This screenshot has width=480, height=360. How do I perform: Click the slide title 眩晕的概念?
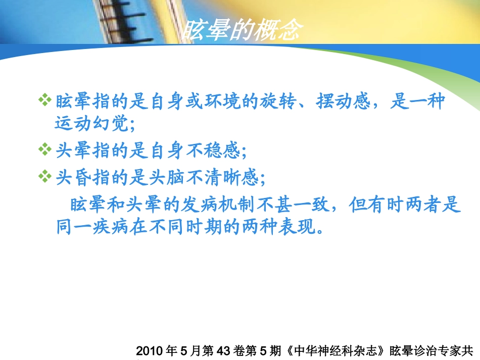tap(242, 31)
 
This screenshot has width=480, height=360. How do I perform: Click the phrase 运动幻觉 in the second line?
tap(91, 123)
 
